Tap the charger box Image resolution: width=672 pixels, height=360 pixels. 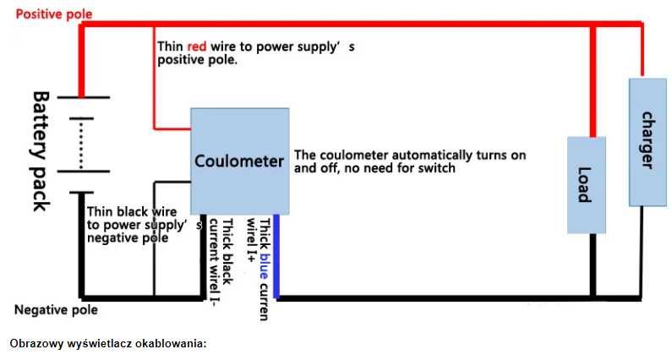pos(645,141)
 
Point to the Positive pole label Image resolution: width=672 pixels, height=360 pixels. pos(54,14)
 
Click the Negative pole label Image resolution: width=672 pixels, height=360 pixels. pos(56,309)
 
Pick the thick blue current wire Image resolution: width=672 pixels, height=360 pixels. pos(276,254)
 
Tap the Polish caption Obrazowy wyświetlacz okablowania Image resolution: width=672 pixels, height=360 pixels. pos(108,344)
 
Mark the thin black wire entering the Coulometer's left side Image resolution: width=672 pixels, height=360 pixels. pos(173,181)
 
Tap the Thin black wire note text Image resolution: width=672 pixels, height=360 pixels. pos(139,226)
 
